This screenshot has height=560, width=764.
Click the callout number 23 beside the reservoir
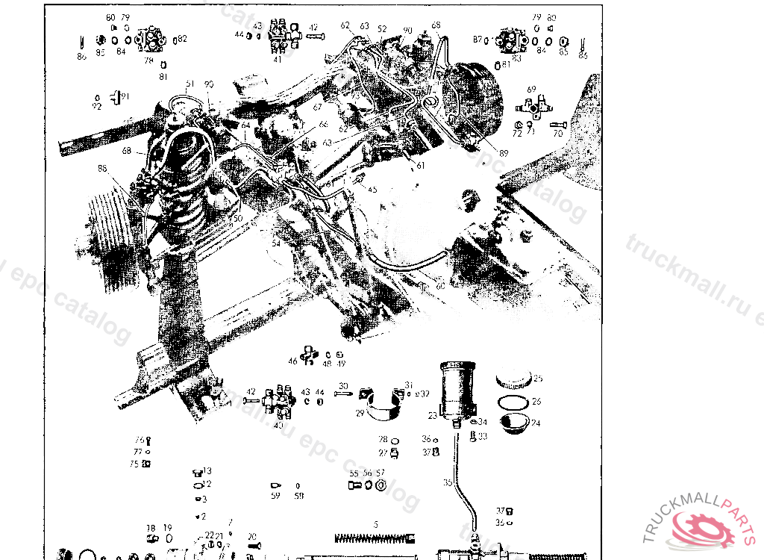[433, 415]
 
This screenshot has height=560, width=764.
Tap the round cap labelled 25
[513, 379]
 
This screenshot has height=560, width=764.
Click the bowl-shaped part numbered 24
[515, 423]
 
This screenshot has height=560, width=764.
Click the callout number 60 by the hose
[441, 287]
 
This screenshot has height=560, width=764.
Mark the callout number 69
[531, 90]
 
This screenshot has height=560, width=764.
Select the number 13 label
[207, 471]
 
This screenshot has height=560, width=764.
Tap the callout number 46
[293, 361]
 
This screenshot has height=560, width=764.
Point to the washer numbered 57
[381, 485]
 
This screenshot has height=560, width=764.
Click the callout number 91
[125, 96]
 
